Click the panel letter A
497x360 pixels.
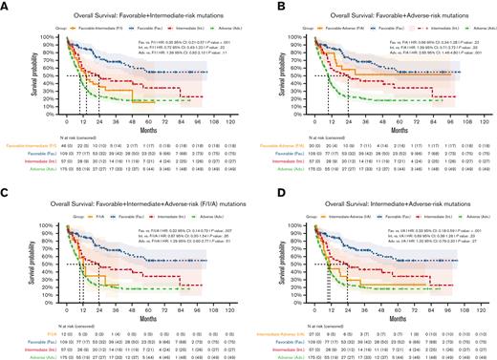tap(5, 6)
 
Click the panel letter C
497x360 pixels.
tap(5, 188)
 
